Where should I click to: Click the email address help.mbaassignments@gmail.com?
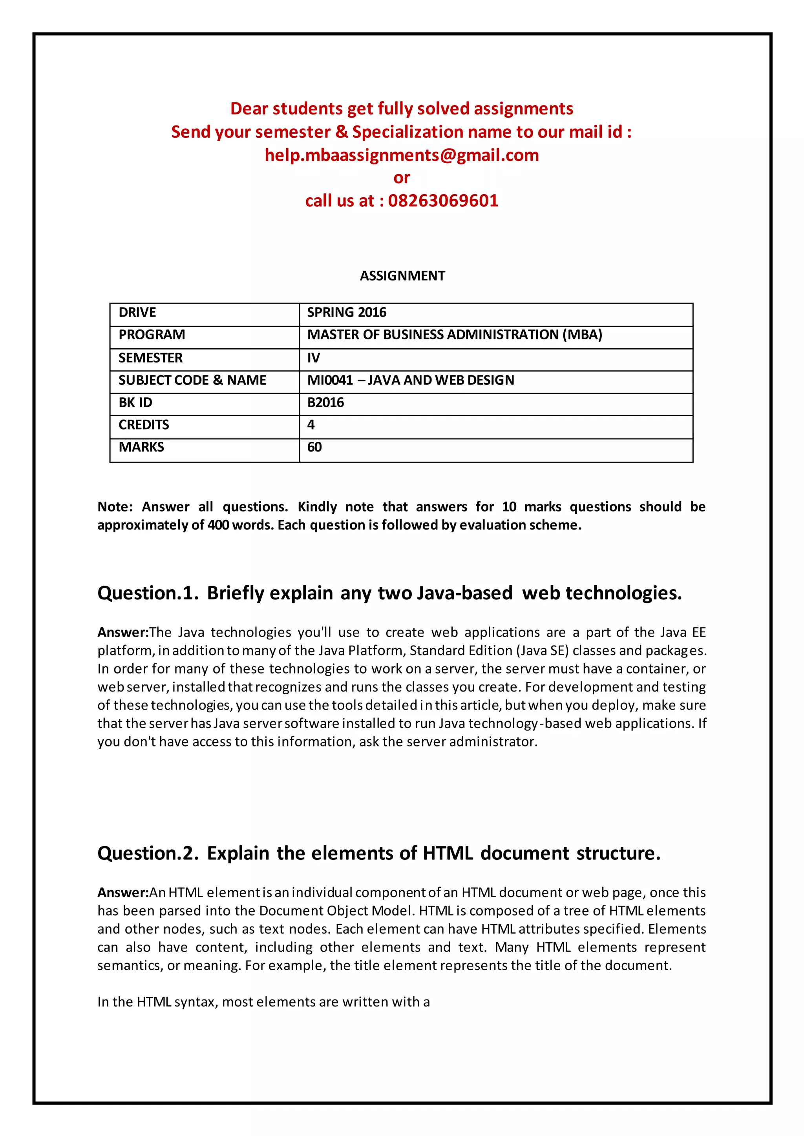point(402,155)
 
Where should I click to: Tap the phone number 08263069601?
point(443,201)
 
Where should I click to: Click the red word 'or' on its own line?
point(402,178)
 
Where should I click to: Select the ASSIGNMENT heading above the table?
point(402,276)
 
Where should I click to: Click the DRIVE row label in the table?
point(137,313)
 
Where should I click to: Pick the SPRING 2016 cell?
point(347,313)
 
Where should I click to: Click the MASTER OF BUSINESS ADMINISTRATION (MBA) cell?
point(455,335)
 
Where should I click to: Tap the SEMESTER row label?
point(150,358)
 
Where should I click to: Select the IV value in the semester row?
point(313,358)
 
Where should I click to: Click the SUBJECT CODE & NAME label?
point(192,380)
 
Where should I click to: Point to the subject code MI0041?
point(330,380)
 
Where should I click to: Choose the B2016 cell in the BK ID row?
point(325,402)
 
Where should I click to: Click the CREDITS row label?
point(144,424)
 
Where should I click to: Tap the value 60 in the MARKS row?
point(314,447)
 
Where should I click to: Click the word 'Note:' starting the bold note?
point(115,507)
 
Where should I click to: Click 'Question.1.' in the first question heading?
point(148,593)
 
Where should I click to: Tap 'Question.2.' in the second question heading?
point(148,853)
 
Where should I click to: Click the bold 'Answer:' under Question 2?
point(123,892)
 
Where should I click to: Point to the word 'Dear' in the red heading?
point(249,109)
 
